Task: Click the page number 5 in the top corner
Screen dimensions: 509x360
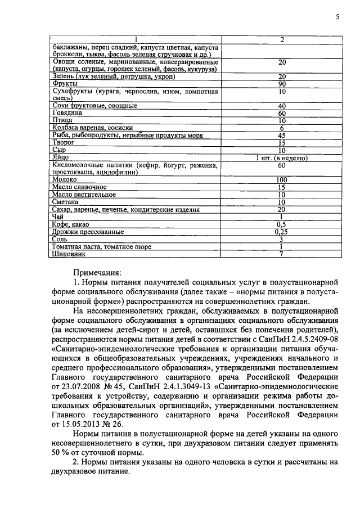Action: (x=337, y=17)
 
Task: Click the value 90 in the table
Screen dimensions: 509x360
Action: (x=282, y=84)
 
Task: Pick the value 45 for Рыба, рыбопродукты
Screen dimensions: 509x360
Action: (x=282, y=135)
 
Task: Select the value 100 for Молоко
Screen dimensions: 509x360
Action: (x=282, y=179)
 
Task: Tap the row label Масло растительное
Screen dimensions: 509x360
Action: (x=84, y=194)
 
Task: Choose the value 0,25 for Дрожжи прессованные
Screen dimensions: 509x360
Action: (x=282, y=231)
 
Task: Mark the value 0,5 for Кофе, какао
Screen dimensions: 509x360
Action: (x=282, y=224)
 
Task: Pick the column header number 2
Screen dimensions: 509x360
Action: (x=282, y=39)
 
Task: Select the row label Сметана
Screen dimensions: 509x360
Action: (x=65, y=202)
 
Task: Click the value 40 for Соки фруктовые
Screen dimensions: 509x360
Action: (x=282, y=106)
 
